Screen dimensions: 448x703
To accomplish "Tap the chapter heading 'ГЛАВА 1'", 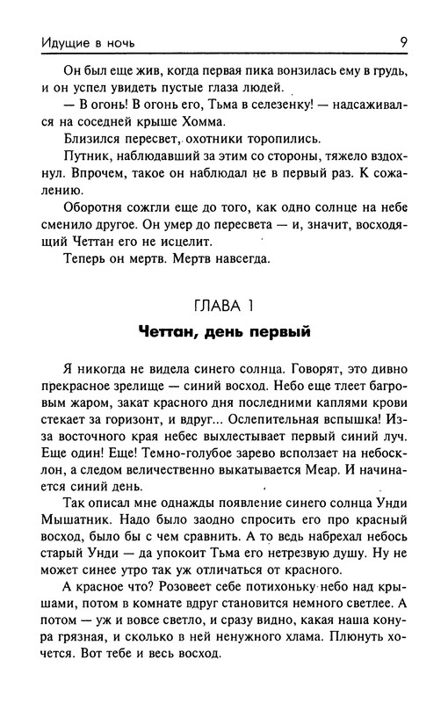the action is [224, 306].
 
